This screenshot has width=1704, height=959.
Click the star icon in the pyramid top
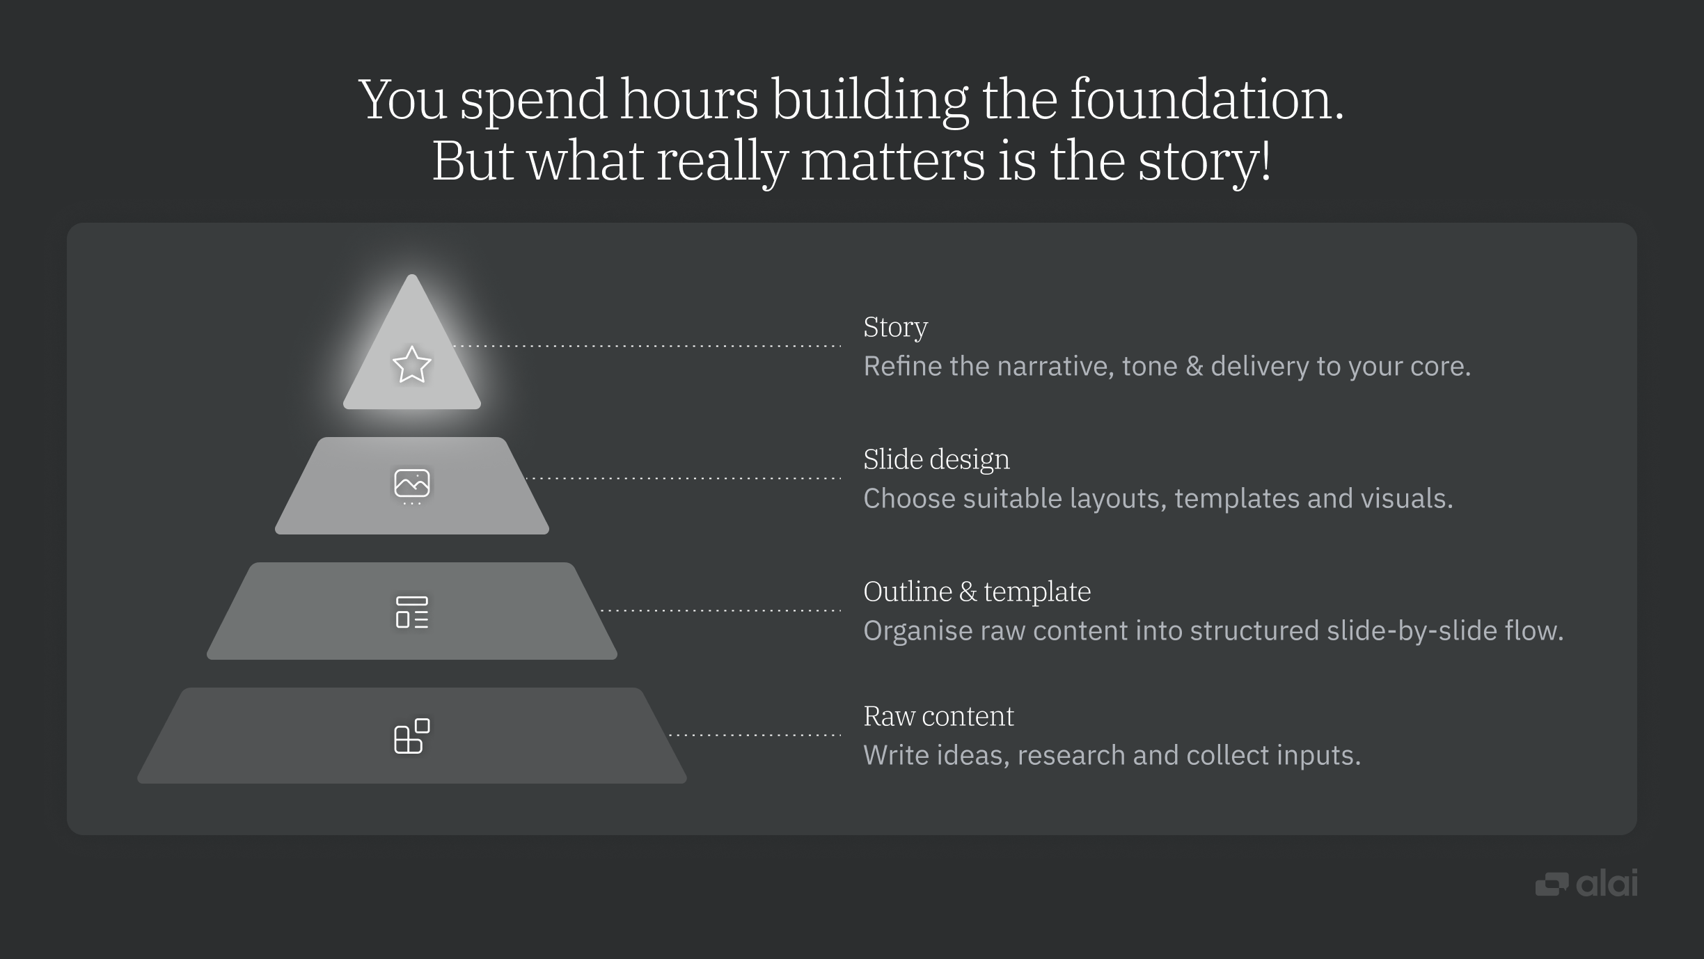pos(411,365)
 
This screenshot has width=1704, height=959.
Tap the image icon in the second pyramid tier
pos(411,484)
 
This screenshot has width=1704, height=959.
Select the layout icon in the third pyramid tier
pos(411,612)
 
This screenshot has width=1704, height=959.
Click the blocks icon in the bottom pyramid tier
pos(411,736)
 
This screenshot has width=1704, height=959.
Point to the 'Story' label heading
pos(895,328)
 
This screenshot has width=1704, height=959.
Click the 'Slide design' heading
pos(936,459)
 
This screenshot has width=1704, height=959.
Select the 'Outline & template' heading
pos(977,592)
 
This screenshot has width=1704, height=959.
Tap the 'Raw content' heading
pos(938,716)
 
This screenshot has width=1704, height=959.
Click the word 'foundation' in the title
pos(1206,100)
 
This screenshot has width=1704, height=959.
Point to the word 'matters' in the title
pos(892,161)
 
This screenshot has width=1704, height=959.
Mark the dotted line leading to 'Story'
pos(647,346)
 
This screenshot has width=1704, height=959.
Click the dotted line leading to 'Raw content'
pos(755,735)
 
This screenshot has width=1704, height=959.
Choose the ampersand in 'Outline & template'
pos(968,592)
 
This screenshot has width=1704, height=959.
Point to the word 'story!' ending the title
pos(1204,161)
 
